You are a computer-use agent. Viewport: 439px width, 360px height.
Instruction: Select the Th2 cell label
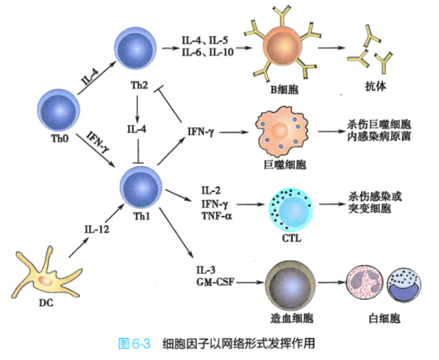click(139, 84)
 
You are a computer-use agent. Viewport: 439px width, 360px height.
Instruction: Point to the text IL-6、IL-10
click(208, 52)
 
